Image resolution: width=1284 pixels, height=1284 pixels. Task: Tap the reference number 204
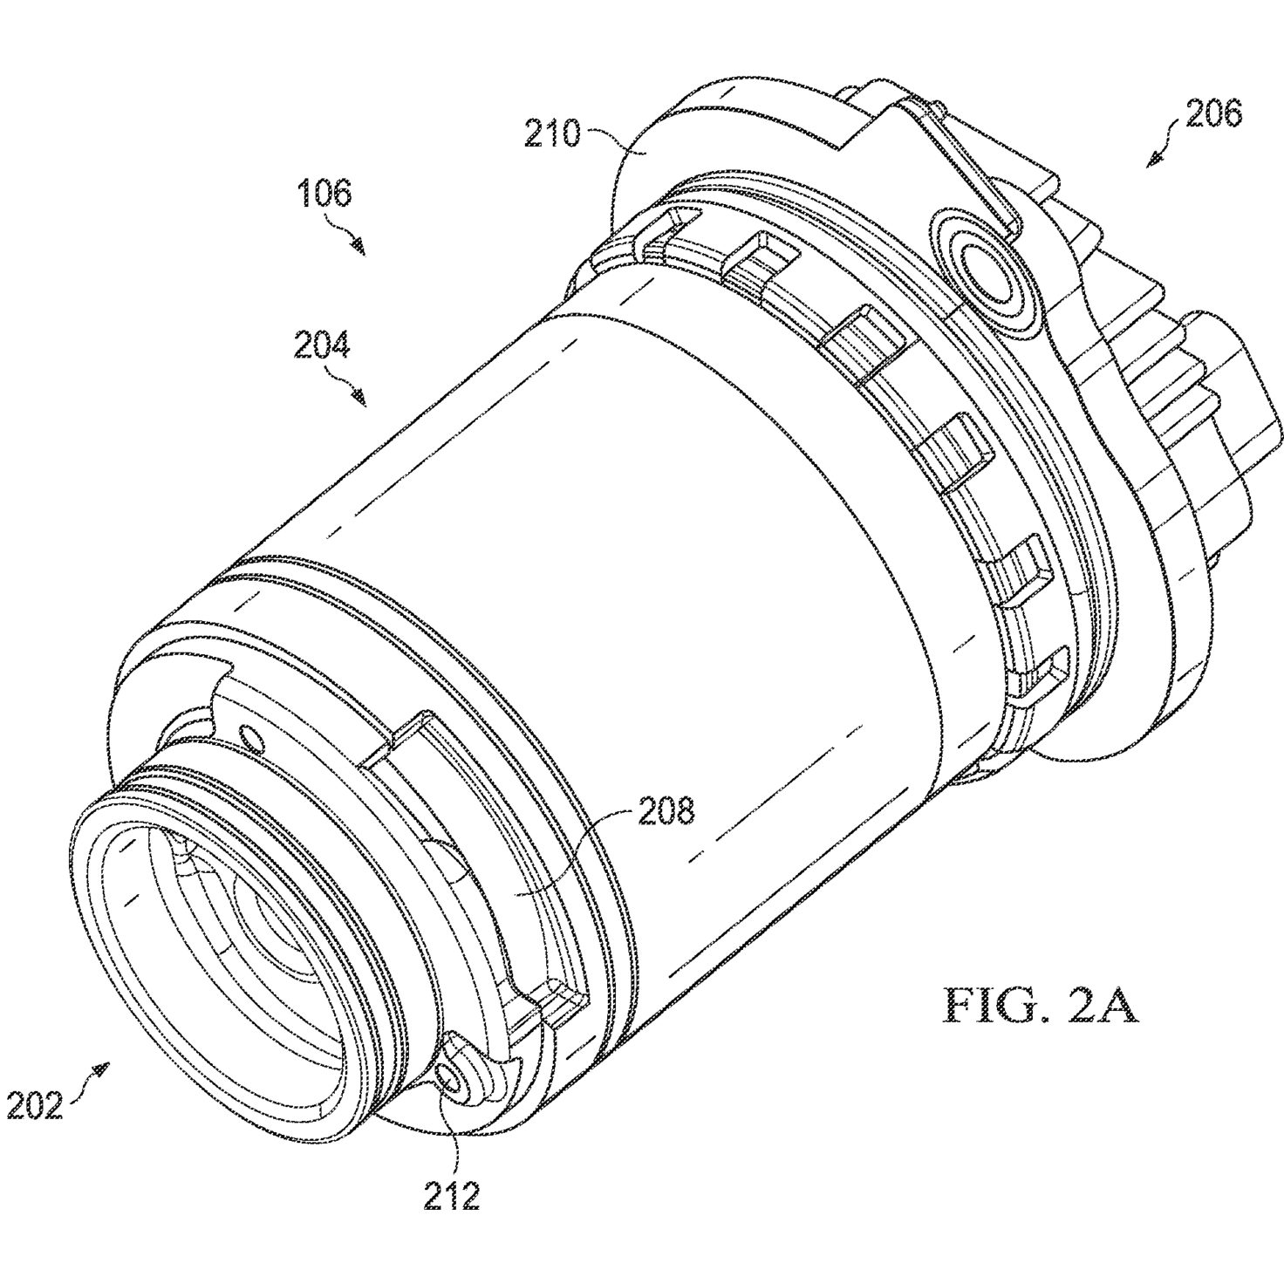[x=322, y=345]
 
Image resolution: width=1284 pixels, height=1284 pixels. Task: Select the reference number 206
[x=1214, y=114]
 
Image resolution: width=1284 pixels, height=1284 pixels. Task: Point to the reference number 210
[x=552, y=134]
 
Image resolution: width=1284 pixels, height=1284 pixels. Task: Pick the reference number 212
[x=452, y=1196]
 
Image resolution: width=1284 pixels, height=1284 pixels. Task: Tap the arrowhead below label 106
[x=359, y=249]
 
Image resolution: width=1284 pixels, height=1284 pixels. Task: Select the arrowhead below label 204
[x=359, y=399]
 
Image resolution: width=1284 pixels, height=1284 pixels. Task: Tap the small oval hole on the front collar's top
[x=254, y=737]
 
